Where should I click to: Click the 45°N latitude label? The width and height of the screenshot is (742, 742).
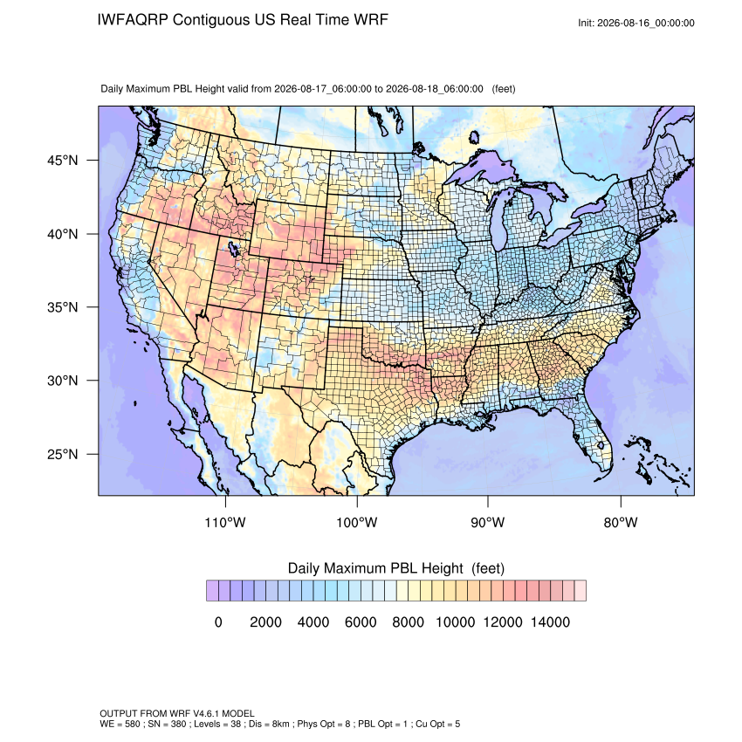[x=63, y=161]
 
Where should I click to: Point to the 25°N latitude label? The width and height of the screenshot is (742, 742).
[x=63, y=454]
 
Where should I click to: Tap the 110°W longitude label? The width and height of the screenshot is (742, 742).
[x=225, y=522]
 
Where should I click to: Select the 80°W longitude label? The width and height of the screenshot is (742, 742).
[x=621, y=522]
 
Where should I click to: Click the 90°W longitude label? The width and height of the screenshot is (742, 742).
[x=487, y=522]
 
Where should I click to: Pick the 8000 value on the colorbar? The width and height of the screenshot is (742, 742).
[x=408, y=622]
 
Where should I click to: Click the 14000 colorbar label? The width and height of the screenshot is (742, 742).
[x=550, y=622]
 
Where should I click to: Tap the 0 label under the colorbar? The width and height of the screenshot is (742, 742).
[x=218, y=622]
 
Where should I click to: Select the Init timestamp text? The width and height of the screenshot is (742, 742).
[x=636, y=23]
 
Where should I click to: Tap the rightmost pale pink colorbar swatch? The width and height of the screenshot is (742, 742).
[x=581, y=591]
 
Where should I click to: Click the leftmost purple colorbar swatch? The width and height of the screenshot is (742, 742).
[x=212, y=591]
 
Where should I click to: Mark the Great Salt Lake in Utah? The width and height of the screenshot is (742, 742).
[x=232, y=248]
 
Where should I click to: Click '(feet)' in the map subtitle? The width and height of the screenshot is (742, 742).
[x=504, y=89]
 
